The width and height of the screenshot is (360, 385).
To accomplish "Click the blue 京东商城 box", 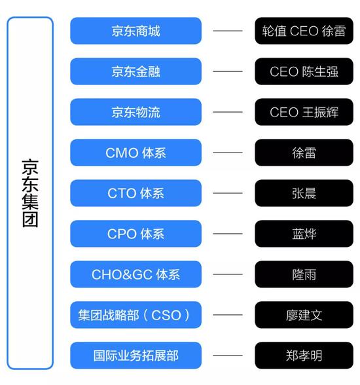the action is tap(135, 31).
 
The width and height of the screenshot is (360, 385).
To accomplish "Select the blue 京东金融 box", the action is tap(135, 71).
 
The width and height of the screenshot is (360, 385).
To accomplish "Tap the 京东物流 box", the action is tap(135, 112).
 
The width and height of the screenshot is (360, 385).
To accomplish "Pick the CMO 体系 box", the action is tap(135, 153).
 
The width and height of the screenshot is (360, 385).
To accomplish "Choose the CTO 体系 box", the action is tap(135, 193).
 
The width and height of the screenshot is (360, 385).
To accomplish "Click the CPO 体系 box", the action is tap(135, 234).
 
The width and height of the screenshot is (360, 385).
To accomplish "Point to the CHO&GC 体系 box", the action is tap(135, 274).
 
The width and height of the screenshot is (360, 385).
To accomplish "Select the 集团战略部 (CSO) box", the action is tap(135, 315).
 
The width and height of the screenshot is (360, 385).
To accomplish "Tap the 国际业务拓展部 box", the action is tap(135, 356).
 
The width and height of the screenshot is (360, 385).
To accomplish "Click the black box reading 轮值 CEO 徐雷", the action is tap(304, 31).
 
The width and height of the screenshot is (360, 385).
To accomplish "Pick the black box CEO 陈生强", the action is tap(304, 71).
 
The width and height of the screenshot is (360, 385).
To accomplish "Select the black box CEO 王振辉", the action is tap(304, 112).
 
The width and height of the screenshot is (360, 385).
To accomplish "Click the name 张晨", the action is tap(304, 193).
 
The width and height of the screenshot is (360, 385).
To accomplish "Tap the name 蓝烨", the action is tap(304, 234).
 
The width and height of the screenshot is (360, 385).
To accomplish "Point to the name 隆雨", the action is tap(304, 274).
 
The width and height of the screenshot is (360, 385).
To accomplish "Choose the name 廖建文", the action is tap(304, 315).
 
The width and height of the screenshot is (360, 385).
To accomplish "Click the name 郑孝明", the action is tap(304, 356).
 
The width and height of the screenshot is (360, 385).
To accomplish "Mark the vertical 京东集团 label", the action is tap(30, 193).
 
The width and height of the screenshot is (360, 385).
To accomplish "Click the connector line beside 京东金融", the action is tap(228, 71).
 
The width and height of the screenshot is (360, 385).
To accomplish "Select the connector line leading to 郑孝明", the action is tap(228, 356).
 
